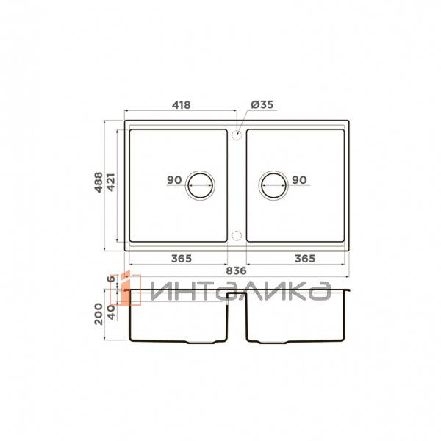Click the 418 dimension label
[x=182, y=105]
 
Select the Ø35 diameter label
[x=262, y=105]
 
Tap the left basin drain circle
[x=200, y=185]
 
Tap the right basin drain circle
[x=273, y=185]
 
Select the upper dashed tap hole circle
[x=236, y=135]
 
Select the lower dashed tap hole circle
[x=236, y=235]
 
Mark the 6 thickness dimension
[x=112, y=279]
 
